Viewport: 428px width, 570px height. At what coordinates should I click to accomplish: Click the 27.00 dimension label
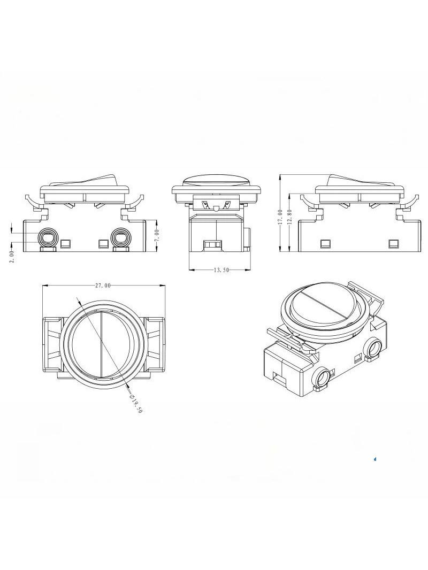pyautogui.click(x=103, y=286)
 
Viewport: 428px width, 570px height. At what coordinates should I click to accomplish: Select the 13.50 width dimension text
pyautogui.click(x=221, y=269)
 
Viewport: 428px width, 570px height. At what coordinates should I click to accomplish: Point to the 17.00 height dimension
pyautogui.click(x=280, y=217)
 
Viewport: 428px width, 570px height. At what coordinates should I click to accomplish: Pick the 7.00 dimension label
pyautogui.click(x=157, y=236)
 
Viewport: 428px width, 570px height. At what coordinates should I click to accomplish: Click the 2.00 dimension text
pyautogui.click(x=12, y=256)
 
